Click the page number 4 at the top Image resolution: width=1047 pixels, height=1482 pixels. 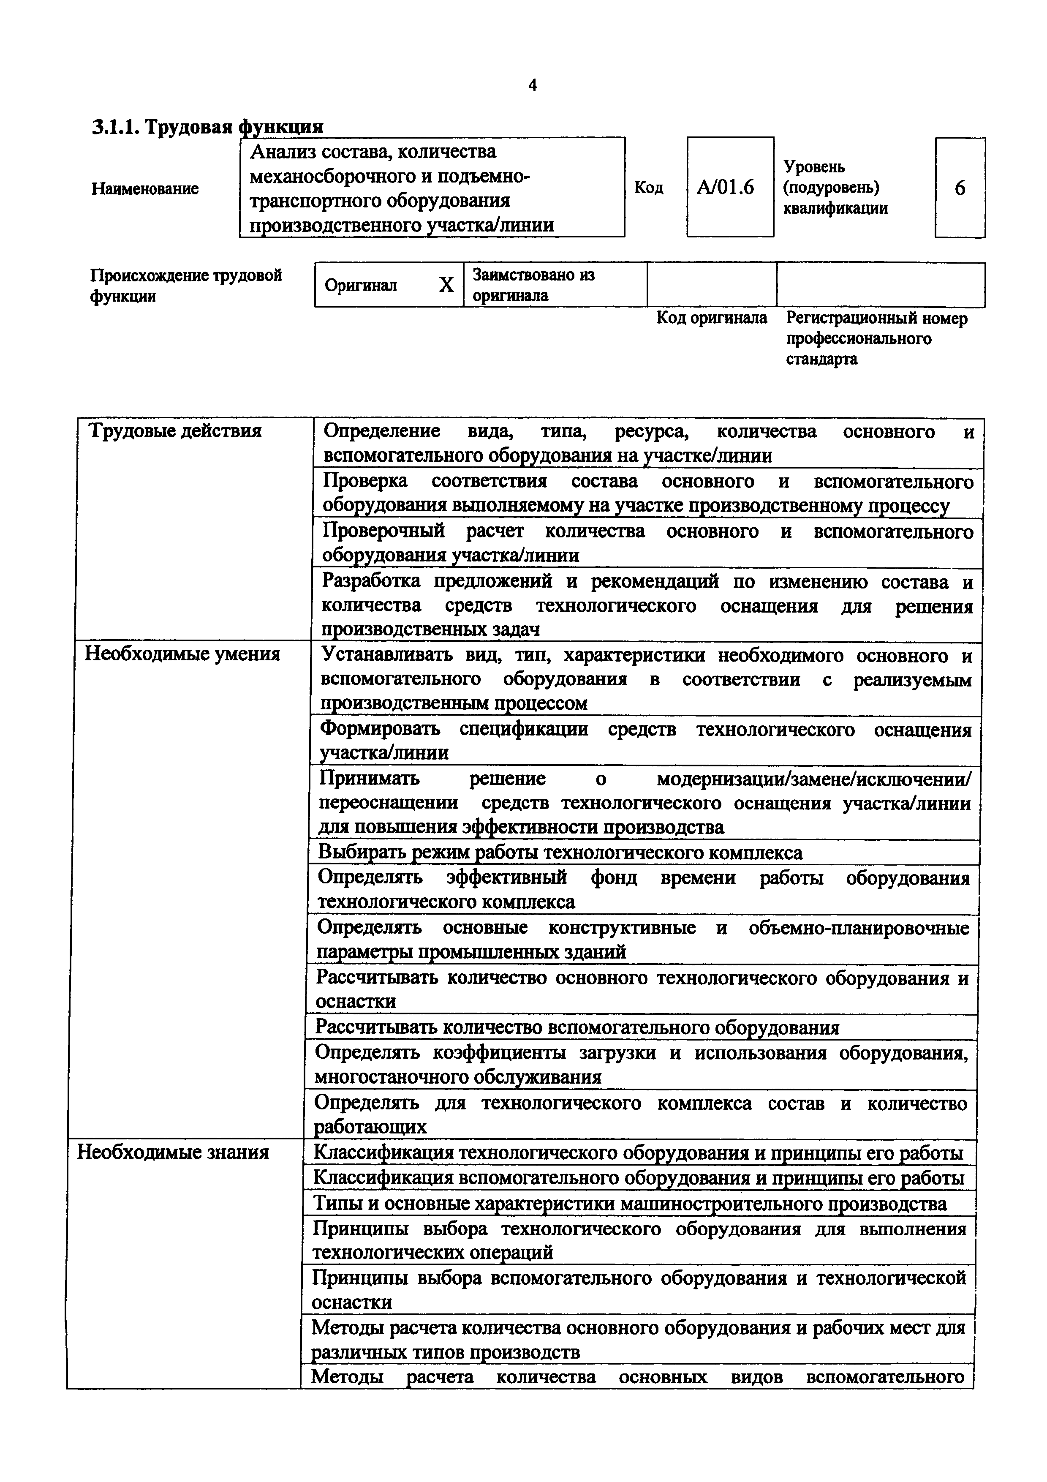pos(532,85)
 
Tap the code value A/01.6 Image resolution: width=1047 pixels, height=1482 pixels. pos(726,188)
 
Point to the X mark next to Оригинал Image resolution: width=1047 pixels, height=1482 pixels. pos(446,285)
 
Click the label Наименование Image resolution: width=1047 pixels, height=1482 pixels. pos(145,189)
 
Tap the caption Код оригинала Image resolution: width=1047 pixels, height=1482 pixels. pos(712,318)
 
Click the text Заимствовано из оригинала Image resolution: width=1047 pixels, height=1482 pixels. pos(533,285)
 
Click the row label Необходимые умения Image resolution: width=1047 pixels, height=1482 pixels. pos(182,654)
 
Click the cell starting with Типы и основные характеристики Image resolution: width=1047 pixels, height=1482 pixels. pos(630,1203)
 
